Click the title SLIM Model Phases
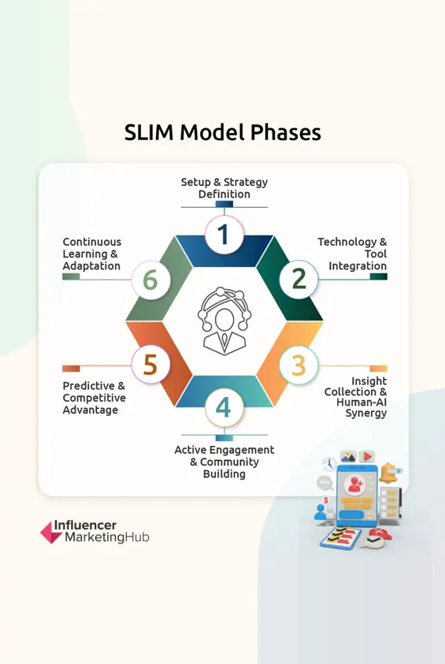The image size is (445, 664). [x=222, y=132]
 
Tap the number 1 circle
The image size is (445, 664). [x=224, y=234]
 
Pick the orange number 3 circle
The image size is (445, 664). [x=298, y=365]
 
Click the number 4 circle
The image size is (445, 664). [x=224, y=408]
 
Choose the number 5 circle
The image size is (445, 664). [x=150, y=365]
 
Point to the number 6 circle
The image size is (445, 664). [x=150, y=279]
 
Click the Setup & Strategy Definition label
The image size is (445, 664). [x=224, y=188]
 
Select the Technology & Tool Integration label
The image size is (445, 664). [x=352, y=254]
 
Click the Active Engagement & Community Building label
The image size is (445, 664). [x=224, y=462]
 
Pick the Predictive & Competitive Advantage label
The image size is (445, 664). [x=95, y=398]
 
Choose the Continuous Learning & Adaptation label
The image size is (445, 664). [x=92, y=254]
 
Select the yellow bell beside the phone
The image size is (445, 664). [x=389, y=474]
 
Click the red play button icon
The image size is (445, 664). [x=366, y=456]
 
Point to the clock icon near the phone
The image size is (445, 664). [x=327, y=463]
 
